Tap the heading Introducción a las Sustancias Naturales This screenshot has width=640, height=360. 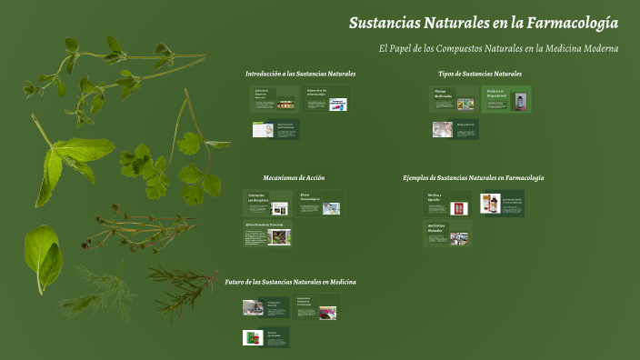(300, 74)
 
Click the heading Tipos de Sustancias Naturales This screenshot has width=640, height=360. (480, 74)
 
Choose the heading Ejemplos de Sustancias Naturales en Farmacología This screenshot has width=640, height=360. (474, 177)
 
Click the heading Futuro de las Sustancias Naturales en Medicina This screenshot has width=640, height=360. (290, 282)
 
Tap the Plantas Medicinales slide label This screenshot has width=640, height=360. (442, 94)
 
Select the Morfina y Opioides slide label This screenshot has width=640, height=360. (435, 197)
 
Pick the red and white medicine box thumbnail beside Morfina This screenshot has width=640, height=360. (458, 208)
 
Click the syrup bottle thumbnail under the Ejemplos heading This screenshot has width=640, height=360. (489, 204)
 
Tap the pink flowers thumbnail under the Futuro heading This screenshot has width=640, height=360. (327, 312)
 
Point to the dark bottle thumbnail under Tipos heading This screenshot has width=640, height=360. (520, 100)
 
